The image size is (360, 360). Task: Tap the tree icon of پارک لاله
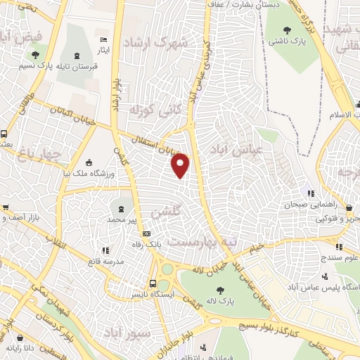point(220,290)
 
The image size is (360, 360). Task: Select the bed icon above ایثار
point(104,39)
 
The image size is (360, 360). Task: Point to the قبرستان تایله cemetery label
point(73,67)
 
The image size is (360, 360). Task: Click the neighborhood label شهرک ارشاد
point(156,43)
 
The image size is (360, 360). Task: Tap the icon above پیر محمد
point(122,209)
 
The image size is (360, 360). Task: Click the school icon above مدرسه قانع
point(105,250)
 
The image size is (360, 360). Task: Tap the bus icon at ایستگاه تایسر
point(153,283)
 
